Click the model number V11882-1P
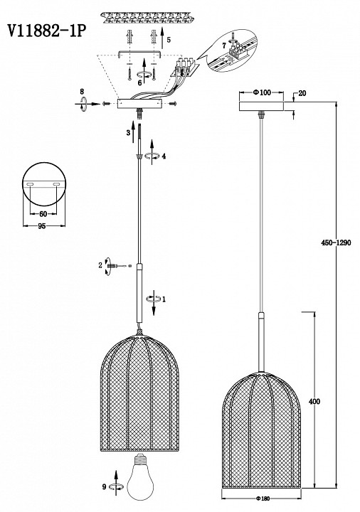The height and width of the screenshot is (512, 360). click(x=47, y=31)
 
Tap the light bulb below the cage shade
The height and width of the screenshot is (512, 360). click(x=140, y=481)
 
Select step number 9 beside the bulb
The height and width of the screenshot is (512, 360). click(x=104, y=487)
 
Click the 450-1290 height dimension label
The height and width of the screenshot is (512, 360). click(x=336, y=242)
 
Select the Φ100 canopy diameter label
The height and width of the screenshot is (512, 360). click(x=262, y=92)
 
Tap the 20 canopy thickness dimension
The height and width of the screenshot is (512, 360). click(x=302, y=93)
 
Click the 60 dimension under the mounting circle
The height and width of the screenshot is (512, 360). click(x=43, y=214)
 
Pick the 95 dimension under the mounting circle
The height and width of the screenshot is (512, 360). click(x=41, y=226)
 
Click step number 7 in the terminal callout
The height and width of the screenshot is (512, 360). click(x=224, y=46)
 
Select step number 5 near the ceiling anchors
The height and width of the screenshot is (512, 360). click(x=169, y=40)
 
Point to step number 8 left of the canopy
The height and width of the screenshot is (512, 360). click(x=82, y=92)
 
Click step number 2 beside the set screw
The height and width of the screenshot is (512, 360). click(x=100, y=265)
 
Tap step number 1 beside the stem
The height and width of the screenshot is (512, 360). click(x=164, y=299)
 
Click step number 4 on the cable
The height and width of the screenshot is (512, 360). click(x=164, y=156)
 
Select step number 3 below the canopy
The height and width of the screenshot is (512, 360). click(x=128, y=133)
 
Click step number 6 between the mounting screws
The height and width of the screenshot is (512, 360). click(x=139, y=82)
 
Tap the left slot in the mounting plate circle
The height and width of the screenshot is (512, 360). click(x=30, y=185)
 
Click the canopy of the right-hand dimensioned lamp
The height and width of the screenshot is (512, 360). click(x=261, y=107)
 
